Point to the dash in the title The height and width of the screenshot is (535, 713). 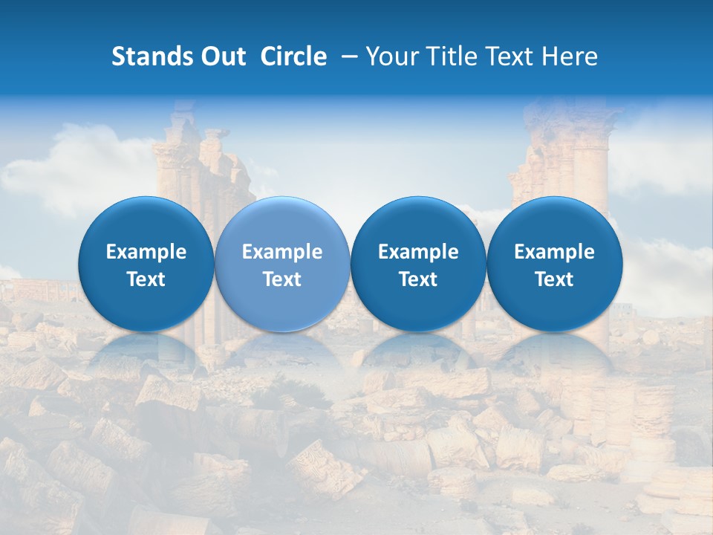click(347, 56)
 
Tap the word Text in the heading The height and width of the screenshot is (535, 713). click(512, 56)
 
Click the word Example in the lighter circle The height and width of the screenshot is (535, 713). click(282, 252)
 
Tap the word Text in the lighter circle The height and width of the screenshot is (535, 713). click(282, 279)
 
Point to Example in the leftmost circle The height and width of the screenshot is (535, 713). click(146, 252)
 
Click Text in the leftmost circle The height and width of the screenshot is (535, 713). click(146, 279)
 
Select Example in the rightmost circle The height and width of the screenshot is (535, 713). click(554, 252)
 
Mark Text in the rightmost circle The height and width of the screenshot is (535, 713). click(554, 279)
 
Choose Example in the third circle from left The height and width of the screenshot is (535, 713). click(418, 252)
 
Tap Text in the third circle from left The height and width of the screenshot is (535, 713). click(418, 279)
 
